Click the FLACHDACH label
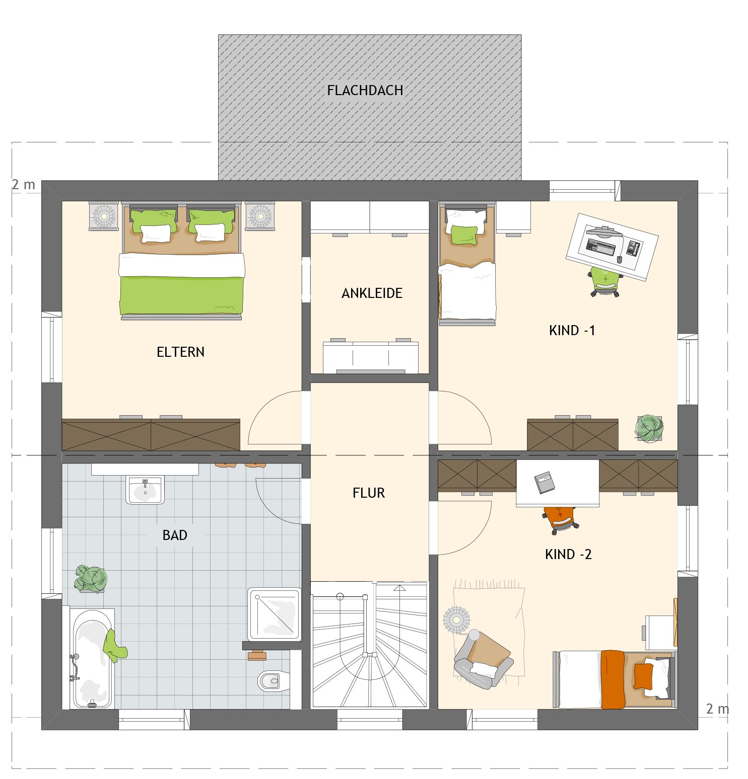tap(365, 91)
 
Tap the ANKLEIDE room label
tap(372, 293)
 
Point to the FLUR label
tap(369, 493)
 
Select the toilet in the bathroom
tap(274, 681)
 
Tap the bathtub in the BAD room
tap(92, 659)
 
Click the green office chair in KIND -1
tap(605, 282)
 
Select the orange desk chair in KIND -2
tap(561, 520)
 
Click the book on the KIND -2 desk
tap(545, 482)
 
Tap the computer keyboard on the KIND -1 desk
tap(601, 247)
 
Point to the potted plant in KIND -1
tap(649, 428)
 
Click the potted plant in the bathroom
tap(91, 579)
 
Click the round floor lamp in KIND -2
tap(456, 619)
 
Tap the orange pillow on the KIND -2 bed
tap(643, 676)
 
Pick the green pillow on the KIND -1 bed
tap(464, 235)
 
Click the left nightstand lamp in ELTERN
tap(104, 216)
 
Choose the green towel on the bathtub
tap(115, 646)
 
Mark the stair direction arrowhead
tap(399, 588)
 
